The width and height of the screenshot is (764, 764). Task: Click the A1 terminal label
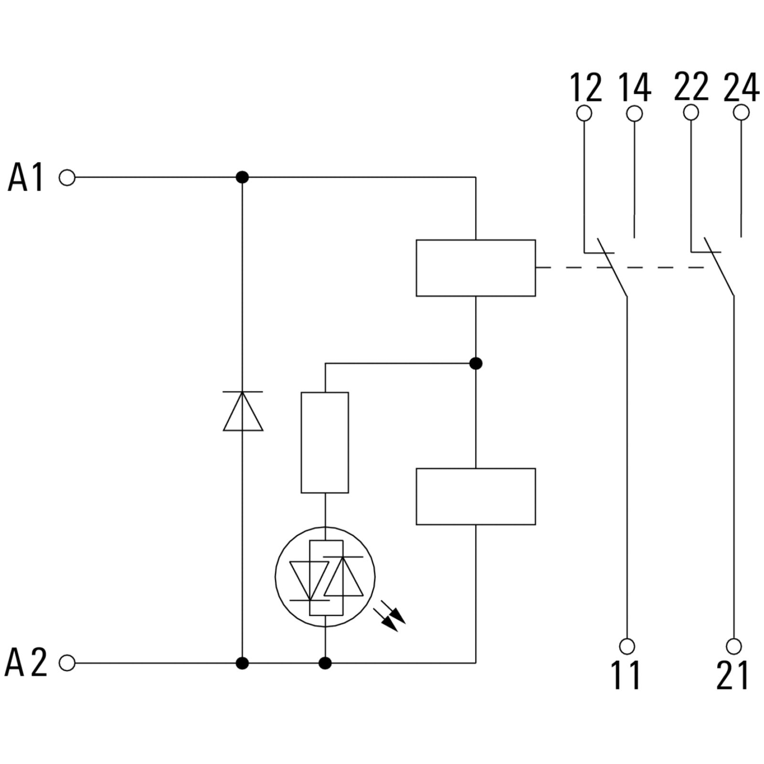[x=26, y=177]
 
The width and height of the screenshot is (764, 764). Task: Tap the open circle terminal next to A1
[x=67, y=178]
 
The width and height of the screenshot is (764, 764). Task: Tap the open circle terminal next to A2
[x=67, y=663]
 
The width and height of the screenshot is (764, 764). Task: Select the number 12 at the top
[x=586, y=87]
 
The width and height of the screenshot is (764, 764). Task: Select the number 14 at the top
[x=635, y=87]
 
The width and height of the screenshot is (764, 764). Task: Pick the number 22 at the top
[x=691, y=86]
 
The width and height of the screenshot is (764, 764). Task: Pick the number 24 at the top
[x=741, y=87]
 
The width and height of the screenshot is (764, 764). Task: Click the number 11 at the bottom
[x=626, y=675]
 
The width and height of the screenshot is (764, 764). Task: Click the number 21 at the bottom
[x=733, y=675]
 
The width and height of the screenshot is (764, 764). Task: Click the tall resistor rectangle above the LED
[x=325, y=442]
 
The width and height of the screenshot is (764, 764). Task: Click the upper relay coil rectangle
[x=476, y=268]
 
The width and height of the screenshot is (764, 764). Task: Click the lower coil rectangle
[x=476, y=497]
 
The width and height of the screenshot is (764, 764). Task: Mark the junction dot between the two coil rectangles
[x=476, y=363]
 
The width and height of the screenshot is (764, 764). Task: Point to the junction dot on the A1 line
[x=243, y=178]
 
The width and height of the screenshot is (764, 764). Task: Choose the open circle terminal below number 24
[x=741, y=113]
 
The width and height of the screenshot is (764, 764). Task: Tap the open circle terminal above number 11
[x=627, y=646]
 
